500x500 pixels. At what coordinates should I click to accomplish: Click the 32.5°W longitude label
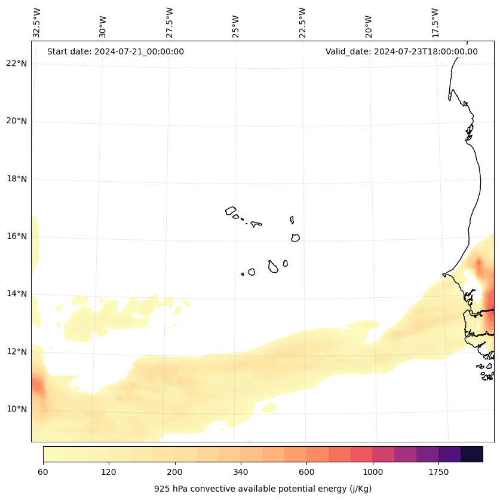tap(37, 23)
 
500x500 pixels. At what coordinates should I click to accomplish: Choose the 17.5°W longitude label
tap(435, 23)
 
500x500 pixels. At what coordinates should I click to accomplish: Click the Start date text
tap(115, 51)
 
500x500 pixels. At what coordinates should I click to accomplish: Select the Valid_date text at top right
tap(401, 51)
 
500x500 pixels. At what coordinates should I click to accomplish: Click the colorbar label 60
tap(43, 472)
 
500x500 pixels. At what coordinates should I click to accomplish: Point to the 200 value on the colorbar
tap(174, 472)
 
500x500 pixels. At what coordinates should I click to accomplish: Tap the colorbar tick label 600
tap(306, 472)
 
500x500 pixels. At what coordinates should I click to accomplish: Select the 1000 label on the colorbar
tap(372, 472)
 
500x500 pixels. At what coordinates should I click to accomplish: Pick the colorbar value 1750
tap(438, 472)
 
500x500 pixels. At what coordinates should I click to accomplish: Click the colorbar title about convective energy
tap(263, 489)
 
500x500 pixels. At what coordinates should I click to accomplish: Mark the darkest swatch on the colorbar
tap(472, 454)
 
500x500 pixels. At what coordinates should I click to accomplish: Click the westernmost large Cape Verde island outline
tap(231, 211)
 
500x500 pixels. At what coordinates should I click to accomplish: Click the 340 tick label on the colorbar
tap(241, 472)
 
